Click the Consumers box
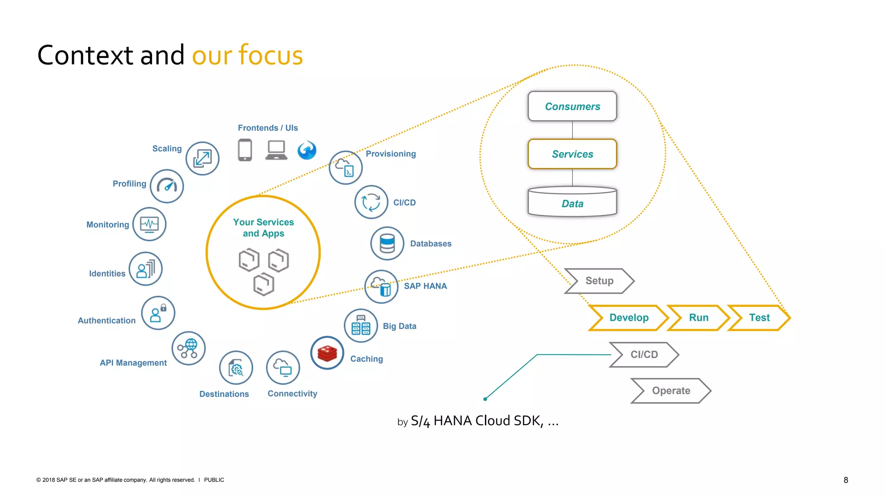point(572,106)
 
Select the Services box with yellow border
point(572,154)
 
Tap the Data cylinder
point(572,202)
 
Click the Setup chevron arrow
point(599,281)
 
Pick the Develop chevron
point(628,318)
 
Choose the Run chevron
point(698,318)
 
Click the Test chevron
point(759,318)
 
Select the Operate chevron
point(671,391)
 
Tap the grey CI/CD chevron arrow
point(644,354)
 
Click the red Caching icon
point(327,353)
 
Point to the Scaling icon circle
point(202,159)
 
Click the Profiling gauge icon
point(167,186)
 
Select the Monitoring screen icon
point(150,224)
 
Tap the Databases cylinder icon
point(387,243)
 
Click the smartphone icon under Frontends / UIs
point(245,150)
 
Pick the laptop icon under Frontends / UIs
point(276,150)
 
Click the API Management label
point(133,363)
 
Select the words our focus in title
point(247,55)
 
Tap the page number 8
point(846,480)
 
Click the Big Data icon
point(361,326)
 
